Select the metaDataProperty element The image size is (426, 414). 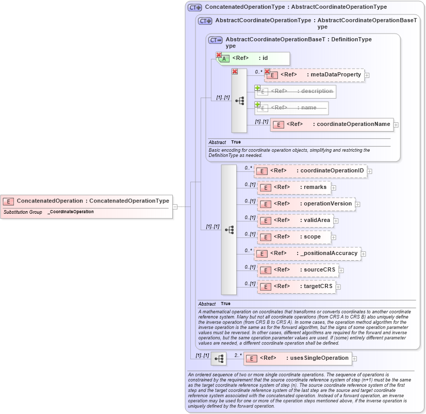point(314,75)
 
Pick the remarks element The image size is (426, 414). point(293,187)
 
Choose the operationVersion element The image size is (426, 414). point(306,204)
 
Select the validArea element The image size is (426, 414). point(294,220)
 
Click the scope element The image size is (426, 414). point(293,237)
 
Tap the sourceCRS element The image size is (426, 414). point(297,270)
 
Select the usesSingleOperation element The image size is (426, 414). point(297,358)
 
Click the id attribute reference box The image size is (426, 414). point(253,58)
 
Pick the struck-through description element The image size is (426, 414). point(295,91)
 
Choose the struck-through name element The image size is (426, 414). point(291,108)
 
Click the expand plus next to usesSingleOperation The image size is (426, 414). point(354,358)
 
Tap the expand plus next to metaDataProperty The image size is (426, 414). point(367,75)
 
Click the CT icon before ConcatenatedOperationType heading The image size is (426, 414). point(194,7)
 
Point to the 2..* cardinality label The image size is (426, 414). point(238,355)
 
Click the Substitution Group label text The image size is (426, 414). point(23,212)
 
